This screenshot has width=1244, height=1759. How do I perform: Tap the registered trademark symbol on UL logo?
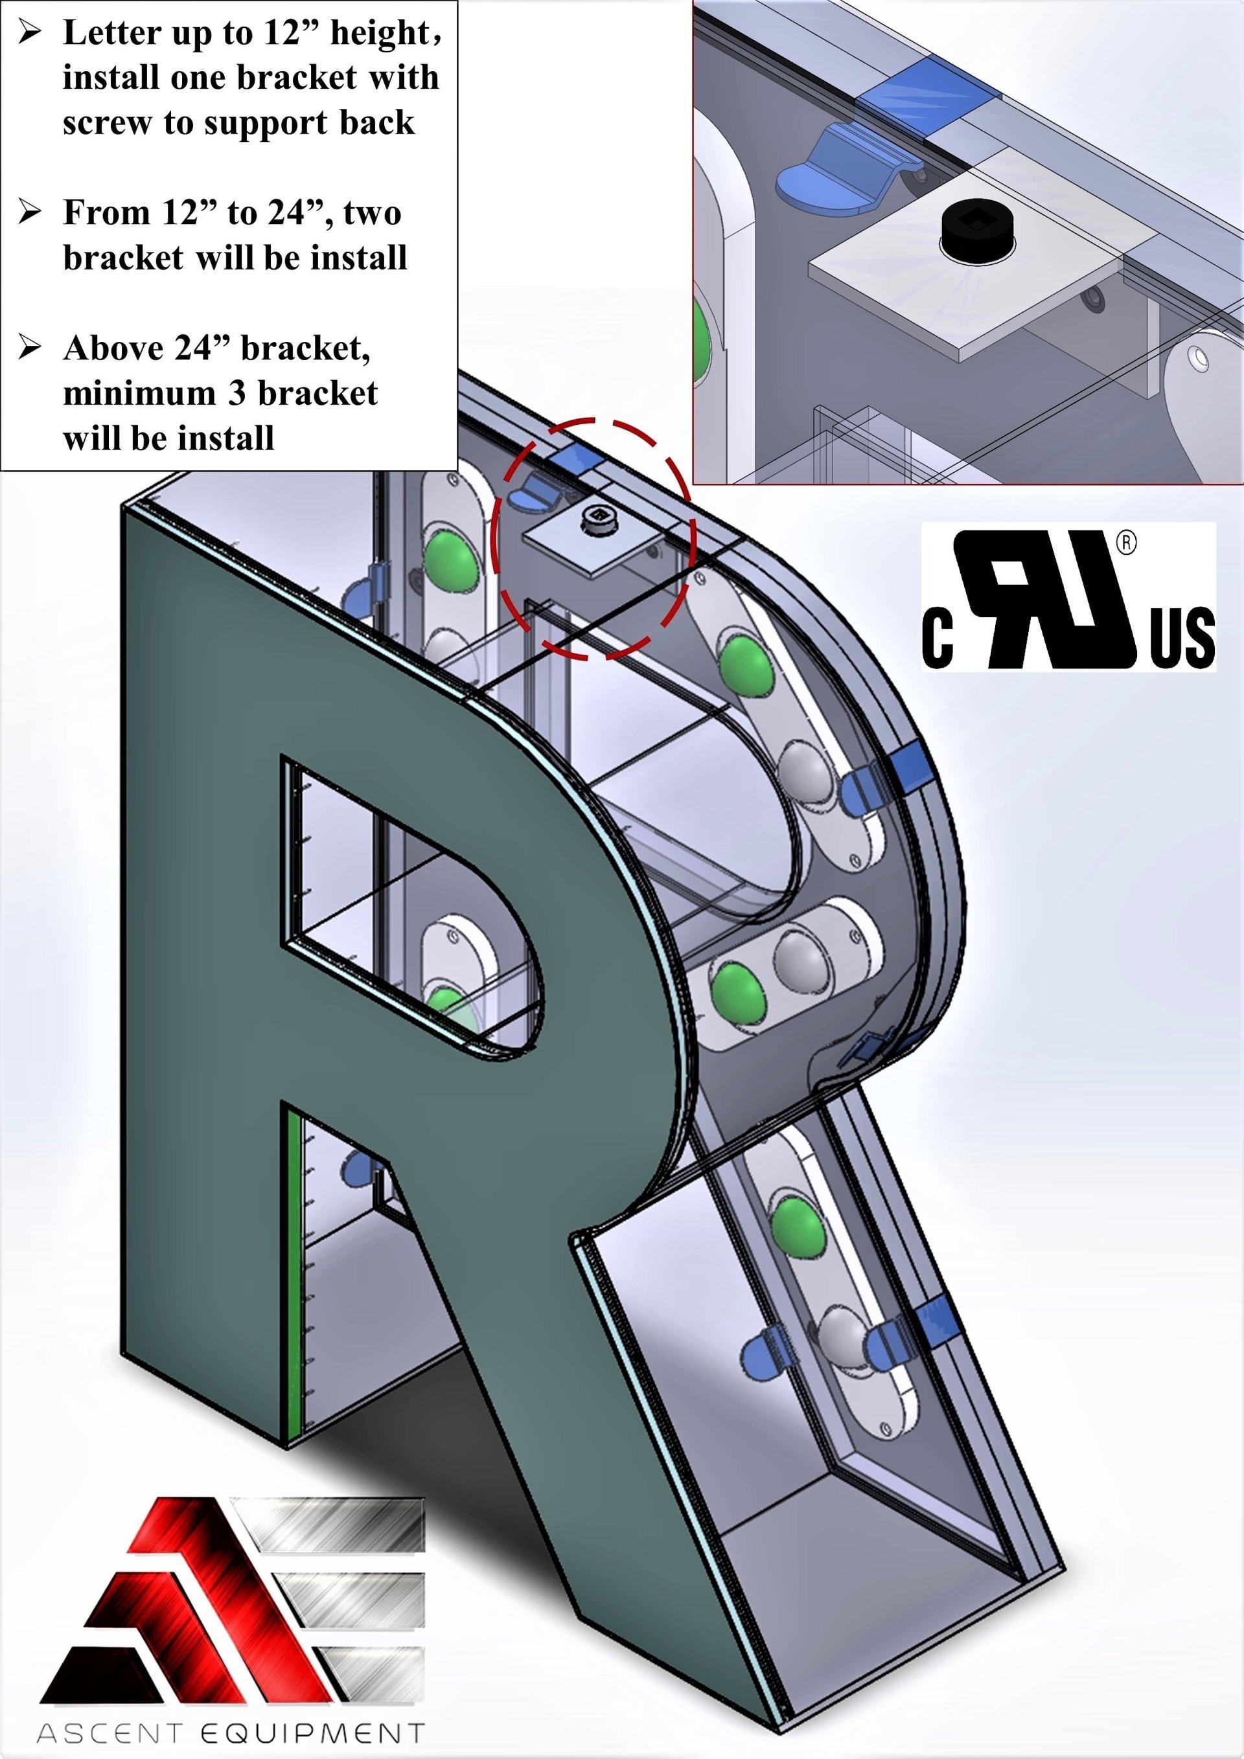(1125, 543)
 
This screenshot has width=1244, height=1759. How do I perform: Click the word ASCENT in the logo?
(109, 1733)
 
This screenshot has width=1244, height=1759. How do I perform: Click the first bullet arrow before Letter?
(30, 32)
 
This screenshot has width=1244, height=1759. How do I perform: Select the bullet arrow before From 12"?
(30, 211)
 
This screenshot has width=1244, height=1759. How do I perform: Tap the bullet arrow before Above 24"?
(30, 347)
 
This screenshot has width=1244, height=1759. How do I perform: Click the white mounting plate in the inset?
(973, 284)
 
